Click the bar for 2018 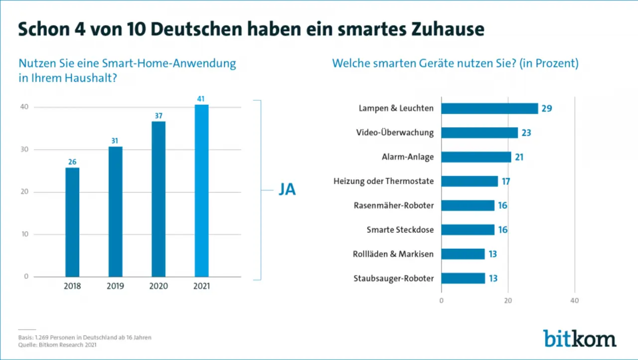tap(72, 222)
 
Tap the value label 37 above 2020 tap(159, 116)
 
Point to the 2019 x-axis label tap(115, 287)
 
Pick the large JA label tap(287, 190)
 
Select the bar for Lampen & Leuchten tap(489, 109)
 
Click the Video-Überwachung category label tap(395, 133)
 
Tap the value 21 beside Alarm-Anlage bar tap(518, 157)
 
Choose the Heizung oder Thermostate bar tap(470, 181)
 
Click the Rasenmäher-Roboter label tap(394, 205)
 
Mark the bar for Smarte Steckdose tap(468, 230)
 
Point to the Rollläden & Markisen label tap(393, 254)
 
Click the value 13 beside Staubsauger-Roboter tap(492, 278)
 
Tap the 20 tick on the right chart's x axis tap(508, 301)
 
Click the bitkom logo tap(579, 338)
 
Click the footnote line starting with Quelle tap(58, 345)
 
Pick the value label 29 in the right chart tap(546, 109)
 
